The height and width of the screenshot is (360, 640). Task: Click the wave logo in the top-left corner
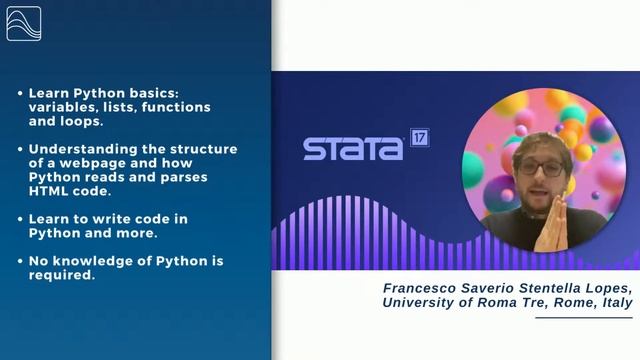(23, 23)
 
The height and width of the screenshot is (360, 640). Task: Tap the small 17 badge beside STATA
(419, 139)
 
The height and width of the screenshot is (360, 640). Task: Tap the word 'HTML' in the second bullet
(48, 191)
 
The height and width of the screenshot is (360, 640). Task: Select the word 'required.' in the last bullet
(61, 275)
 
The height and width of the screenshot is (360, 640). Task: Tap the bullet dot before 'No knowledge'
(19, 261)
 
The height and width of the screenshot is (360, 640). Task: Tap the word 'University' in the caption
(420, 303)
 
